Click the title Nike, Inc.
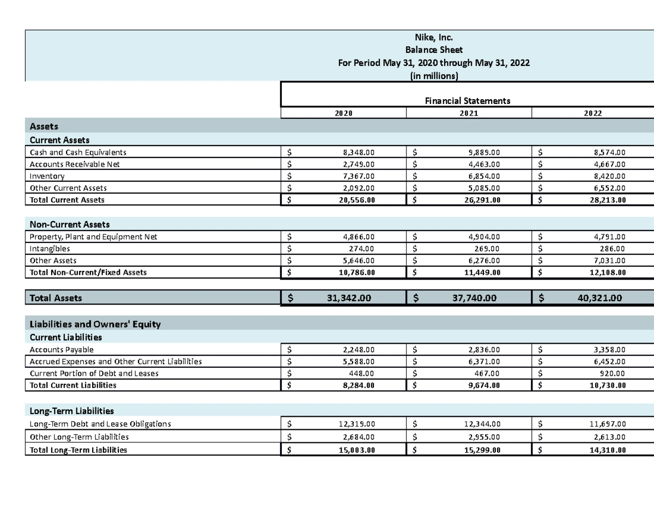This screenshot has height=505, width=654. coord(433,38)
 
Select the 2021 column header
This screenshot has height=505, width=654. coord(468,113)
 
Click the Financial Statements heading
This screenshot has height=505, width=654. coord(468,101)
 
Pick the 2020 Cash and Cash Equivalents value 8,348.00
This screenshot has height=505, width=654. coord(355,153)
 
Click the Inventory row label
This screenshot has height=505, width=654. coord(47,176)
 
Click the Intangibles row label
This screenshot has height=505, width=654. coord(50,249)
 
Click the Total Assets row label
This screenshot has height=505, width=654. coord(56,298)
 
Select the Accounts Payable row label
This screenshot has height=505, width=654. coord(62,350)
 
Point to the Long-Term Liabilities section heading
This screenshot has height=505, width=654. coord(71,410)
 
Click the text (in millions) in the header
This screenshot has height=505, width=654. coord(433,76)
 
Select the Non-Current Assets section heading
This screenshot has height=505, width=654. coord(70,224)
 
